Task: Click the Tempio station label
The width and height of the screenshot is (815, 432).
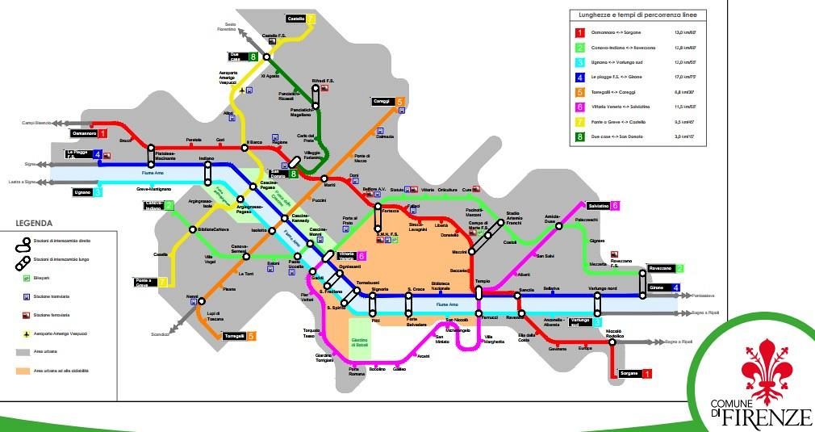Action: tap(483, 281)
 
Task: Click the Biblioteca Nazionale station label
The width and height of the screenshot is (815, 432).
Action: tap(440, 286)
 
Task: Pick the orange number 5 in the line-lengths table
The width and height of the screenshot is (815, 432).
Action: tap(579, 93)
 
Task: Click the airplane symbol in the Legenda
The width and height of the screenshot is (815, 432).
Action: tap(29, 333)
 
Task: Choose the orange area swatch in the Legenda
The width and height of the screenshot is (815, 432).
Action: tap(29, 371)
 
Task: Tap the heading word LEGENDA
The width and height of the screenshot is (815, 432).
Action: tap(35, 223)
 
